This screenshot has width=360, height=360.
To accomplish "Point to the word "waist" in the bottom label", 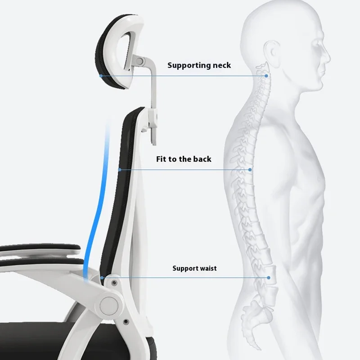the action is [x=207, y=269].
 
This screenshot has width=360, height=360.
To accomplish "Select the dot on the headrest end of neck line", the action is [x=101, y=76].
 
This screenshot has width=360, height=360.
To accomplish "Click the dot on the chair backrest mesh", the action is [x=119, y=170].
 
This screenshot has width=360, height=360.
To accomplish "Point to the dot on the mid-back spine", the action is [x=250, y=170].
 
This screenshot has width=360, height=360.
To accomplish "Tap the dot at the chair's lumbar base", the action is [x=103, y=278].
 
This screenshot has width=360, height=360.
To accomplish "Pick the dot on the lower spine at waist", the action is [x=269, y=278].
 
